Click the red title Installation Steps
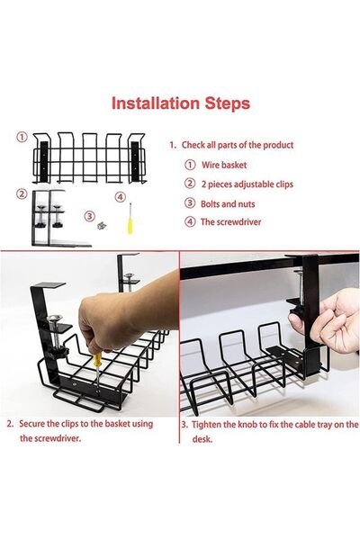tap(180, 103)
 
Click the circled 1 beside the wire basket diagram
tap(22, 138)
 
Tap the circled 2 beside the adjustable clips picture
tap(22, 193)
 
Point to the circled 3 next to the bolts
tap(89, 215)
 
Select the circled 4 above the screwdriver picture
tap(120, 197)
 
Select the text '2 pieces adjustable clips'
tap(245, 184)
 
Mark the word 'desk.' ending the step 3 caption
tap(202, 438)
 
